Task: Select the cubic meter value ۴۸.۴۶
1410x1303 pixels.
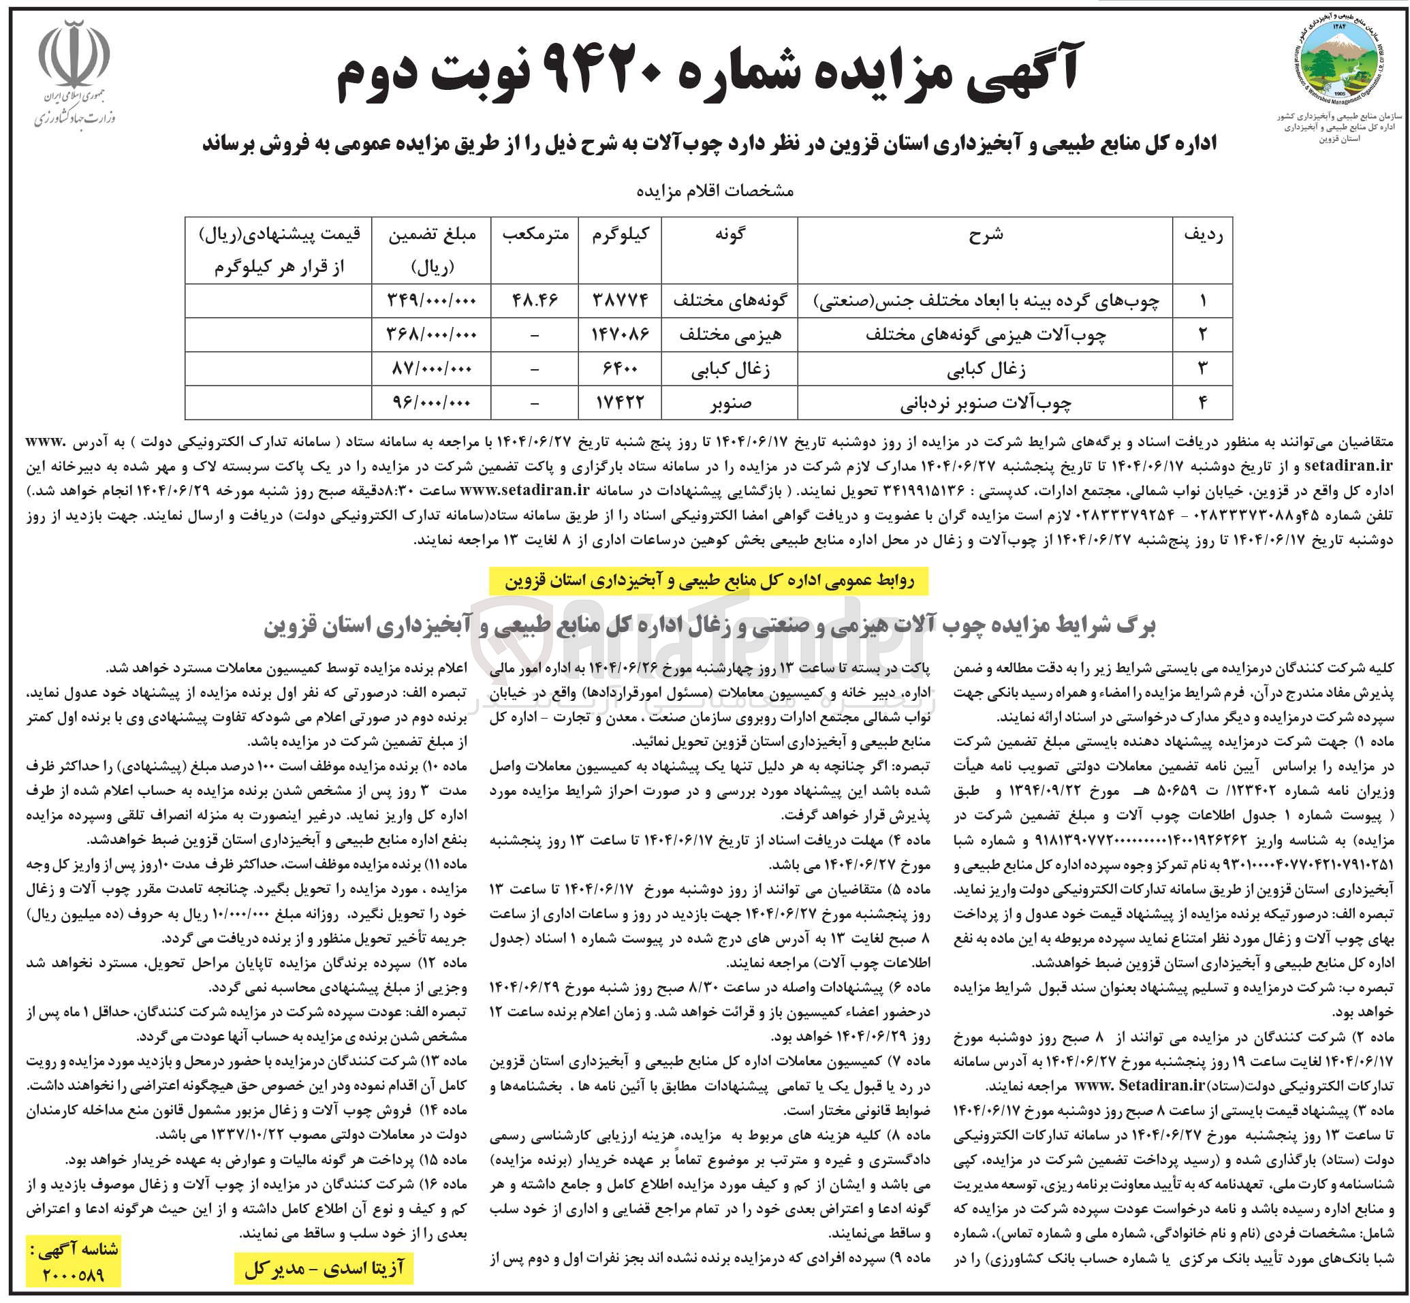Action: point(535,301)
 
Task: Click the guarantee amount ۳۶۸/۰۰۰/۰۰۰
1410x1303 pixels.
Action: point(431,335)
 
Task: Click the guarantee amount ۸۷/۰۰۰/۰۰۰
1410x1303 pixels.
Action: point(431,368)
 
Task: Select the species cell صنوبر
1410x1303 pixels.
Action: point(730,403)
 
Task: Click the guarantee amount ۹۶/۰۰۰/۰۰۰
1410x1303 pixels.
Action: point(431,403)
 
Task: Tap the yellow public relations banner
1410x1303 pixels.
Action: point(708,581)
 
